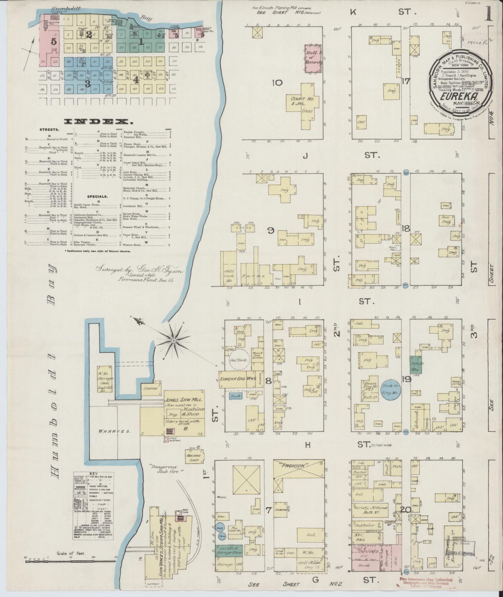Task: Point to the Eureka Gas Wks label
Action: pos(238,379)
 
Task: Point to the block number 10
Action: pos(277,83)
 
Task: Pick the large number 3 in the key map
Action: pos(88,84)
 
